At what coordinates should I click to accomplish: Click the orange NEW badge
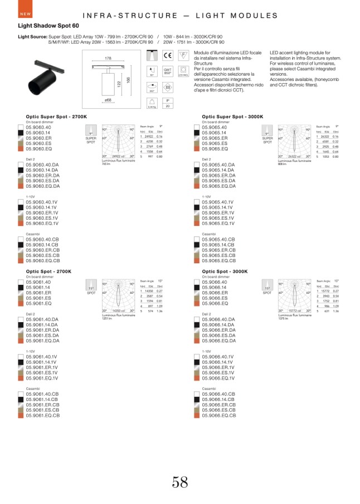[x=25, y=14]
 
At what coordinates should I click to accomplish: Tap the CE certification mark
[x=168, y=55]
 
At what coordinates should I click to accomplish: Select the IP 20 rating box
[x=168, y=103]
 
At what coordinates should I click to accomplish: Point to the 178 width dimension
[x=108, y=58]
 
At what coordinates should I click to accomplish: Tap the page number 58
[x=180, y=482]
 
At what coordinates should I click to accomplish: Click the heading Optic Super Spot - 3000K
[x=232, y=117]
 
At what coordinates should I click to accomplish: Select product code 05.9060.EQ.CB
[x=43, y=261]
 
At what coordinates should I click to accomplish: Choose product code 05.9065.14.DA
[x=218, y=169]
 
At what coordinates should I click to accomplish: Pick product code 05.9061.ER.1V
[x=42, y=368]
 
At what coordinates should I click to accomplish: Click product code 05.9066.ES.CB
[x=218, y=410]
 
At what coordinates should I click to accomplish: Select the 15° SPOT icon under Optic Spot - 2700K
[x=91, y=290]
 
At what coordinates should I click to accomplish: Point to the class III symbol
[x=168, y=88]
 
